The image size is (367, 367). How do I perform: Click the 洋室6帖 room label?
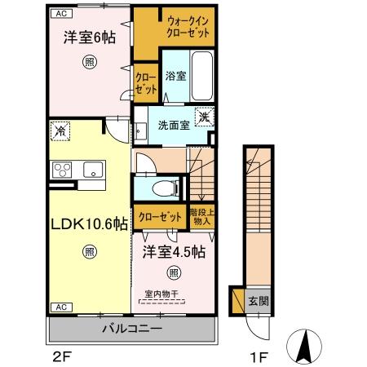(86, 38)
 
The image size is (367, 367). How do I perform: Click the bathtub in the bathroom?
(201, 76)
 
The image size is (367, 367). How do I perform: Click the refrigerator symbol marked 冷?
(60, 129)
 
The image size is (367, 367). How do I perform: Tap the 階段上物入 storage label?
(201, 216)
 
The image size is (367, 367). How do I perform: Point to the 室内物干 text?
(161, 294)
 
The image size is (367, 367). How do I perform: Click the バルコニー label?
(131, 329)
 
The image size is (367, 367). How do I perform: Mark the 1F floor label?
(259, 356)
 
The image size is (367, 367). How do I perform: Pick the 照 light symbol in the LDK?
(88, 252)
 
